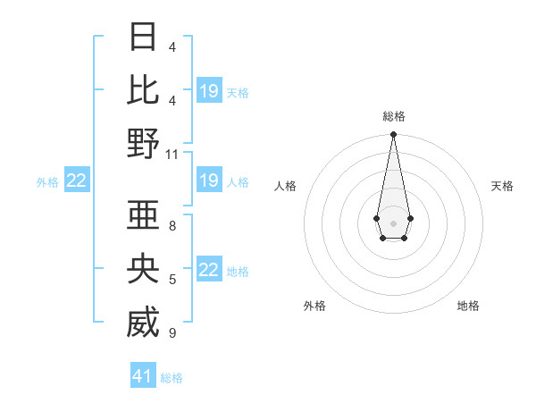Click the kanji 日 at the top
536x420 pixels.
(143, 37)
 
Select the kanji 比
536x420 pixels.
(143, 89)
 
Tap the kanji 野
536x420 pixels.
(143, 143)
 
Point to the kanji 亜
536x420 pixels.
(143, 215)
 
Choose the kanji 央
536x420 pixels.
(143, 269)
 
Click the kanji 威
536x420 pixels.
(143, 323)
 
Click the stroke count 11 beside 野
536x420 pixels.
(172, 155)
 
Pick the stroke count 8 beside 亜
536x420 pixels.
(172, 226)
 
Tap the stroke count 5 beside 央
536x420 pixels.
(172, 280)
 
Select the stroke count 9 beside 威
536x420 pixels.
(172, 333)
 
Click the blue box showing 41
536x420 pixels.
(143, 376)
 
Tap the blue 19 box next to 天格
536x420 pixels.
(209, 91)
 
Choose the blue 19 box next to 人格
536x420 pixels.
(209, 181)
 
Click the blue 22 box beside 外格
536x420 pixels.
(77, 181)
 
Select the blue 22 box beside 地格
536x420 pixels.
(209, 271)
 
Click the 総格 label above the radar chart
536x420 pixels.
(393, 116)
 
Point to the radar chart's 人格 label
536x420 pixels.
(286, 186)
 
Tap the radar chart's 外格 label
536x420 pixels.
(314, 306)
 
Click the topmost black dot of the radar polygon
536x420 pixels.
(393, 135)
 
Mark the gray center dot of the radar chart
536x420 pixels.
(393, 222)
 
